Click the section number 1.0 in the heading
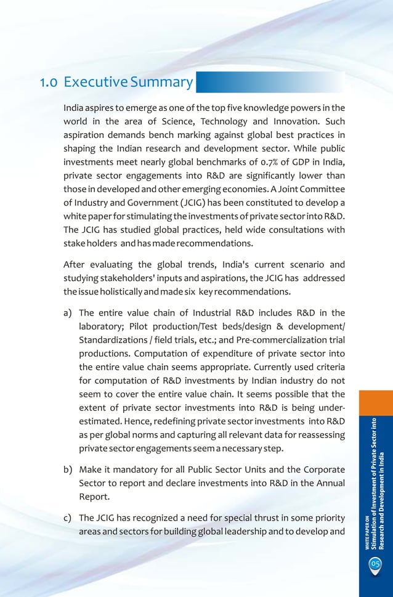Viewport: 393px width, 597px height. pyautogui.click(x=49, y=82)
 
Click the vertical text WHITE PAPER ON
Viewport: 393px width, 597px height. pyautogui.click(x=367, y=532)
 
